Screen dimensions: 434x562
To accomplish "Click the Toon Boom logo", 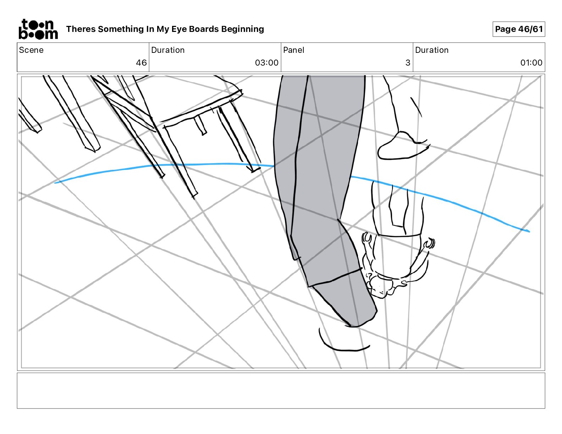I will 38,29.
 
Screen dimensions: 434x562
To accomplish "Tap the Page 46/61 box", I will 518,29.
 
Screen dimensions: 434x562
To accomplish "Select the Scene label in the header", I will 31,50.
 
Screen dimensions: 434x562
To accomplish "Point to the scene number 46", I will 141,63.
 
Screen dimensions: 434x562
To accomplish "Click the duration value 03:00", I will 266,63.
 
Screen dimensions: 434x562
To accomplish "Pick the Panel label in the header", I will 293,50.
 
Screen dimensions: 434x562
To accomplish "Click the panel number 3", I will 408,63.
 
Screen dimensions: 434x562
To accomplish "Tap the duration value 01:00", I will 531,63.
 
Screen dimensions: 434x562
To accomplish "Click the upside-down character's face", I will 381,287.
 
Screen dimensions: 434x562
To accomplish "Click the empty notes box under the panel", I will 281,390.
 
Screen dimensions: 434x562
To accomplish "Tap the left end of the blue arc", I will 56,183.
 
